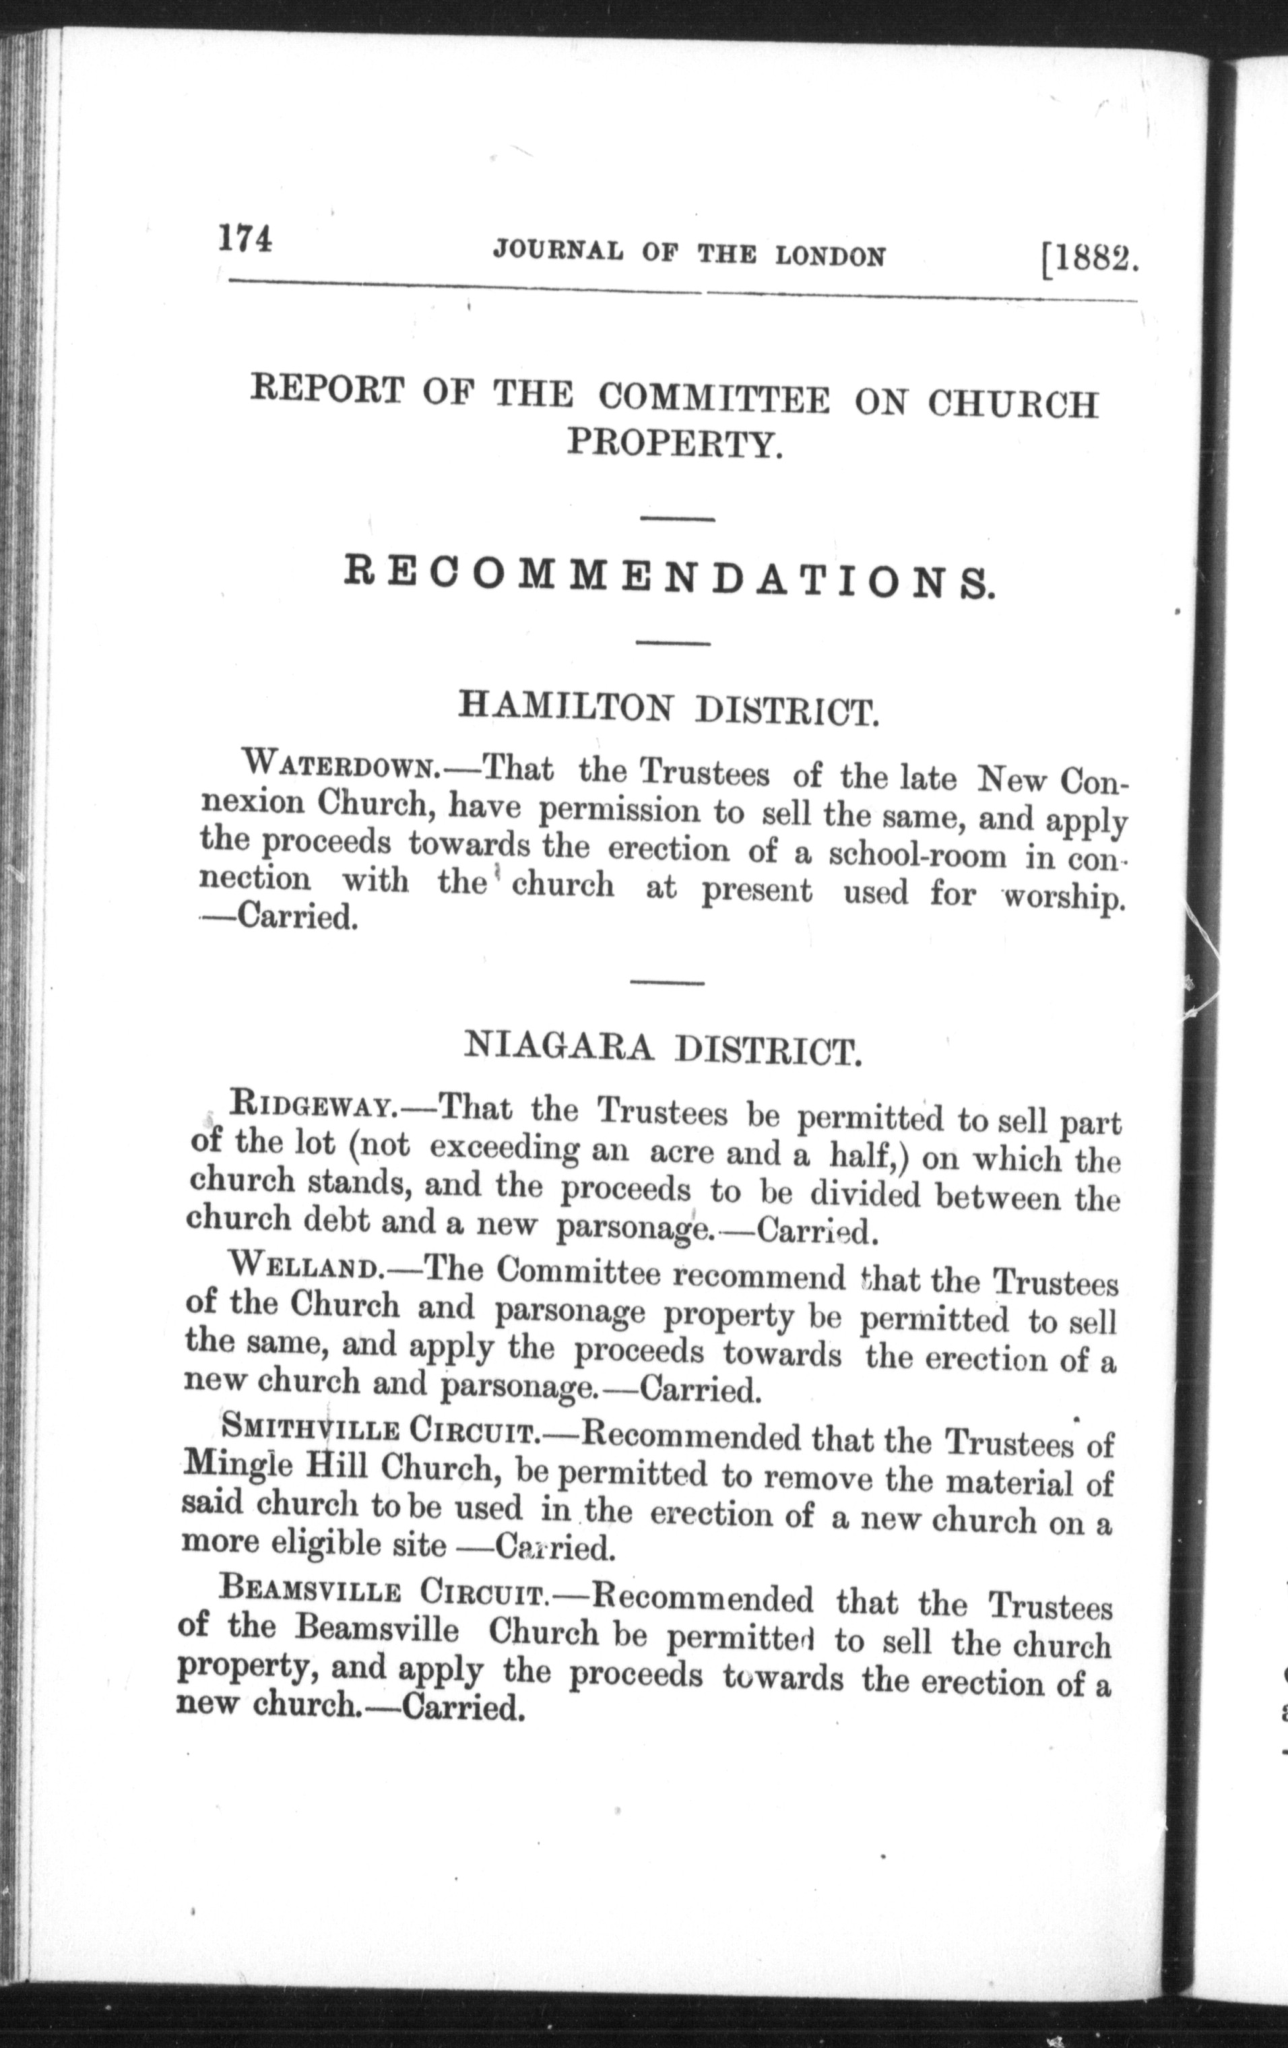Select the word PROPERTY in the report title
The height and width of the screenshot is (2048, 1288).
point(674,444)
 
